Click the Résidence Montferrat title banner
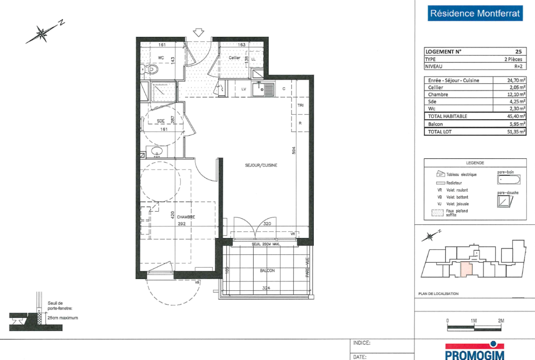[475, 13]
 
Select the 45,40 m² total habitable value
[516, 116]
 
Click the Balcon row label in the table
[435, 124]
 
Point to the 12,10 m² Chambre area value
[517, 94]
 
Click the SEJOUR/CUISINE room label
[261, 165]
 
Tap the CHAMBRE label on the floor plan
[186, 217]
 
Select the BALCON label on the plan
[267, 271]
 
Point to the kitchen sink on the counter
[263, 89]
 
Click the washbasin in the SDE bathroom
[156, 152]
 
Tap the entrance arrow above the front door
[198, 32]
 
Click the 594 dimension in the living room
[293, 150]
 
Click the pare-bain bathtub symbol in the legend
[509, 180]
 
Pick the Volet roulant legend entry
[457, 190]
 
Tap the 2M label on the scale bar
[501, 321]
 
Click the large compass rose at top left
[42, 34]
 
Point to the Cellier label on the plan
[234, 58]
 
